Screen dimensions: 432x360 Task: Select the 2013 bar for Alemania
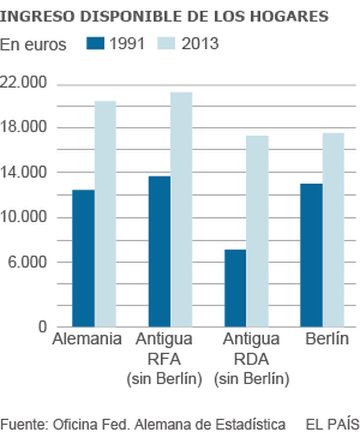[x=105, y=214]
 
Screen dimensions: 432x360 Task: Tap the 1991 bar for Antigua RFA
[x=159, y=251]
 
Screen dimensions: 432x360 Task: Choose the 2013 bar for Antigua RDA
[x=257, y=231]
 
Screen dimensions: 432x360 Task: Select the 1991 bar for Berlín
[x=311, y=255]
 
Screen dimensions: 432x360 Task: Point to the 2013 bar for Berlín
[x=333, y=230]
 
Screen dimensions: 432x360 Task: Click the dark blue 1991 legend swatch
[x=95, y=44]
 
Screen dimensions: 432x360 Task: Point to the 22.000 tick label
[x=24, y=83]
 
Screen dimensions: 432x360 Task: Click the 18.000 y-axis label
[x=24, y=127]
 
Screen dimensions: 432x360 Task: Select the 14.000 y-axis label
[x=24, y=172]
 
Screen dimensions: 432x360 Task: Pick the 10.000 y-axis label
[x=24, y=217]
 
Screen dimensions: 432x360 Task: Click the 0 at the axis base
[x=43, y=327]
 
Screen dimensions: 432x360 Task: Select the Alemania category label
[x=87, y=339]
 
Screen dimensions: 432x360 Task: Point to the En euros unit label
[x=33, y=45]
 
